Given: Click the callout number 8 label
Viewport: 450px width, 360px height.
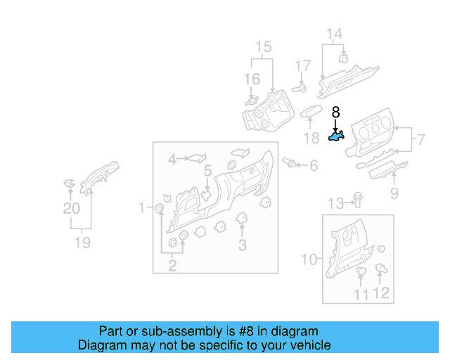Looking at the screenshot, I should pyautogui.click(x=335, y=112).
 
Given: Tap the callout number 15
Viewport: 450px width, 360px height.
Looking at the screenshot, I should pyautogui.click(x=263, y=47).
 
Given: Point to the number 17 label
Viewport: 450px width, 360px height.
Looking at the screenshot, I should pyautogui.click(x=302, y=66).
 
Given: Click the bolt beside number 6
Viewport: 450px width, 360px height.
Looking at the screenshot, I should pyautogui.click(x=288, y=163).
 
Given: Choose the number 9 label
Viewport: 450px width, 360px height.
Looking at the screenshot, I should pyautogui.click(x=394, y=193).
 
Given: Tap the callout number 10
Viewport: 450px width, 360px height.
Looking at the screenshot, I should pyautogui.click(x=309, y=259).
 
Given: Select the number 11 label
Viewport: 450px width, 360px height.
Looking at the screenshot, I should pyautogui.click(x=361, y=294).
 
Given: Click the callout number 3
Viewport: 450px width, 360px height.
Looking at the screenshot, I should pyautogui.click(x=242, y=245).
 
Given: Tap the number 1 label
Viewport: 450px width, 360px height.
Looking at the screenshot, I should pyautogui.click(x=141, y=207).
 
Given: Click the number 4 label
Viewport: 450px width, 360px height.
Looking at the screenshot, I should pyautogui.click(x=172, y=160).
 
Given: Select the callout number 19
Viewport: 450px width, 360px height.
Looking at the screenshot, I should pyautogui.click(x=83, y=243).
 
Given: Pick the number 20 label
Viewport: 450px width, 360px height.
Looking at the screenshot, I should pyautogui.click(x=72, y=208).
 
